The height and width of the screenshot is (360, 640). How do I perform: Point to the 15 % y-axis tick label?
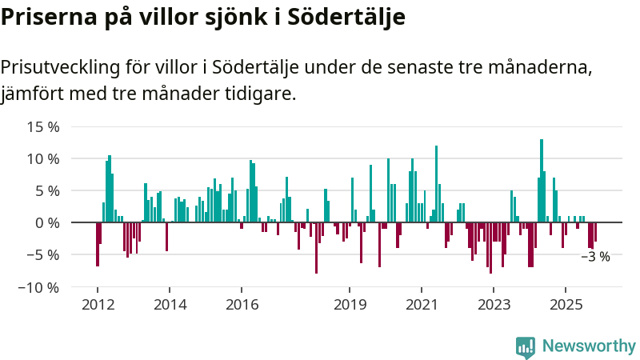[x=43, y=127]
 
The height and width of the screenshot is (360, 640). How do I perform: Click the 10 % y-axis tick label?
[x=43, y=159]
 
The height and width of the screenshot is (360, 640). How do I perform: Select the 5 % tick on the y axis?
[x=47, y=191]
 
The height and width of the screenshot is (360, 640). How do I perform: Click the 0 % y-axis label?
[x=47, y=223]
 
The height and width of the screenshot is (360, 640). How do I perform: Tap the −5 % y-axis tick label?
[x=43, y=255]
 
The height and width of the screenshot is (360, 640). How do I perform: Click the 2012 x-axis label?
[x=97, y=304]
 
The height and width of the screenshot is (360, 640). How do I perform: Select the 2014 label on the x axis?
[x=170, y=304]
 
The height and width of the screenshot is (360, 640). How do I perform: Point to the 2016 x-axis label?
[x=242, y=304]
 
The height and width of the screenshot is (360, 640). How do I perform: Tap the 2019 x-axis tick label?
[x=350, y=304]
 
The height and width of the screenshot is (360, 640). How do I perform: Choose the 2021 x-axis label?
[x=422, y=304]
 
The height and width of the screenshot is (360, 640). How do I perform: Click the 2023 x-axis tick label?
[x=494, y=304]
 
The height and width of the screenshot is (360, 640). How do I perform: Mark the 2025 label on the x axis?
[x=566, y=304]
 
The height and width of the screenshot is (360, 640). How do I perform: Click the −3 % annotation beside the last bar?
[x=595, y=257]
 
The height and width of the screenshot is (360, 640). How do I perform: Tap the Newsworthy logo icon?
[x=526, y=346]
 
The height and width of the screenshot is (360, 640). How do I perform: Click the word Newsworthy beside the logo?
[x=589, y=346]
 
